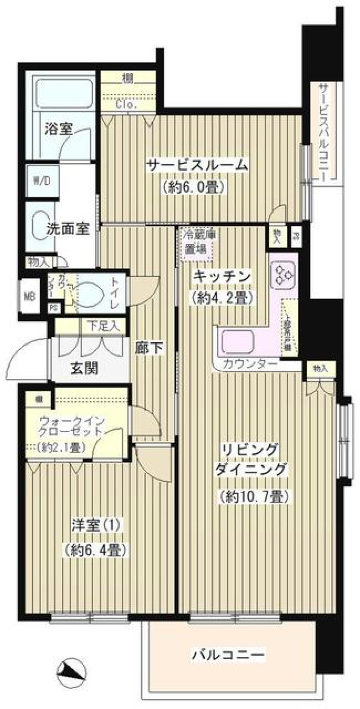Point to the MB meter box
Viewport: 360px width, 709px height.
pyautogui.click(x=30, y=297)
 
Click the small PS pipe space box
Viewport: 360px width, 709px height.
pyautogui.click(x=54, y=307)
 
